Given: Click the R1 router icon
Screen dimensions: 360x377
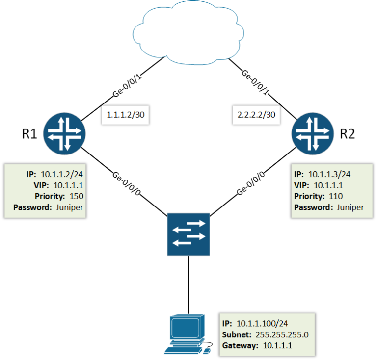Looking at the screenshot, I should click(x=64, y=132).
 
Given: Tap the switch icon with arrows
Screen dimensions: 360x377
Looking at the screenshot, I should click(x=188, y=234).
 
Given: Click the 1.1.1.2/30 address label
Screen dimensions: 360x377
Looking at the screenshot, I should click(x=125, y=115).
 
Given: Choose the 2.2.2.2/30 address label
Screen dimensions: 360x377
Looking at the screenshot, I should click(x=253, y=115).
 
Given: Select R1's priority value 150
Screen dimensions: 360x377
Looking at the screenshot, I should click(x=77, y=196).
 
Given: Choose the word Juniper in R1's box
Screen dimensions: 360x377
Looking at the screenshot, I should click(x=70, y=207).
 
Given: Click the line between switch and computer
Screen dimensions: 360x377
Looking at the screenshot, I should click(x=188, y=284).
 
